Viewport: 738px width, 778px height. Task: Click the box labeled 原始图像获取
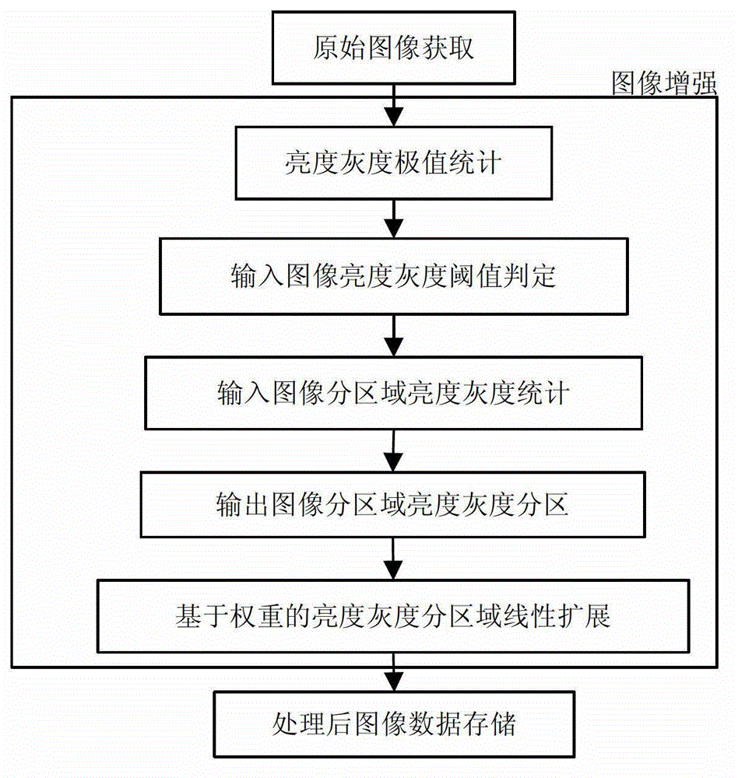(394, 49)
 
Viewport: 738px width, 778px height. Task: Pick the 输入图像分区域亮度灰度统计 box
(393, 394)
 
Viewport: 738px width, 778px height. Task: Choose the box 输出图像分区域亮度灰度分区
(393, 505)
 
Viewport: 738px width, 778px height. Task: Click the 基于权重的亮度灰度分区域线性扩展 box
(393, 616)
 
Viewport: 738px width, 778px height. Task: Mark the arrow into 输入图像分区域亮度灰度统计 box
(394, 337)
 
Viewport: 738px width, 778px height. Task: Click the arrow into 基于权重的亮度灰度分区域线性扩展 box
(394, 560)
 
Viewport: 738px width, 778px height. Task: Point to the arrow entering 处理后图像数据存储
(394, 671)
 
